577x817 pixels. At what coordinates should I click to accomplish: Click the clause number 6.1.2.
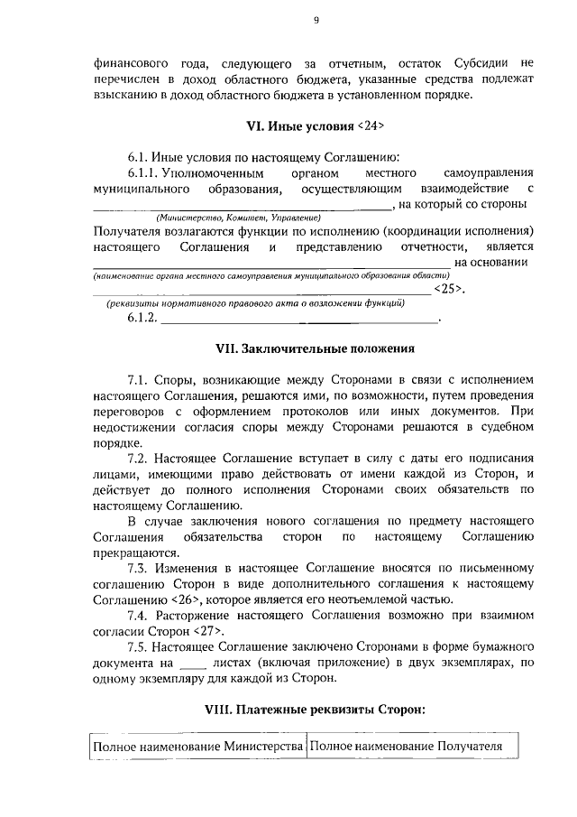142,319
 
